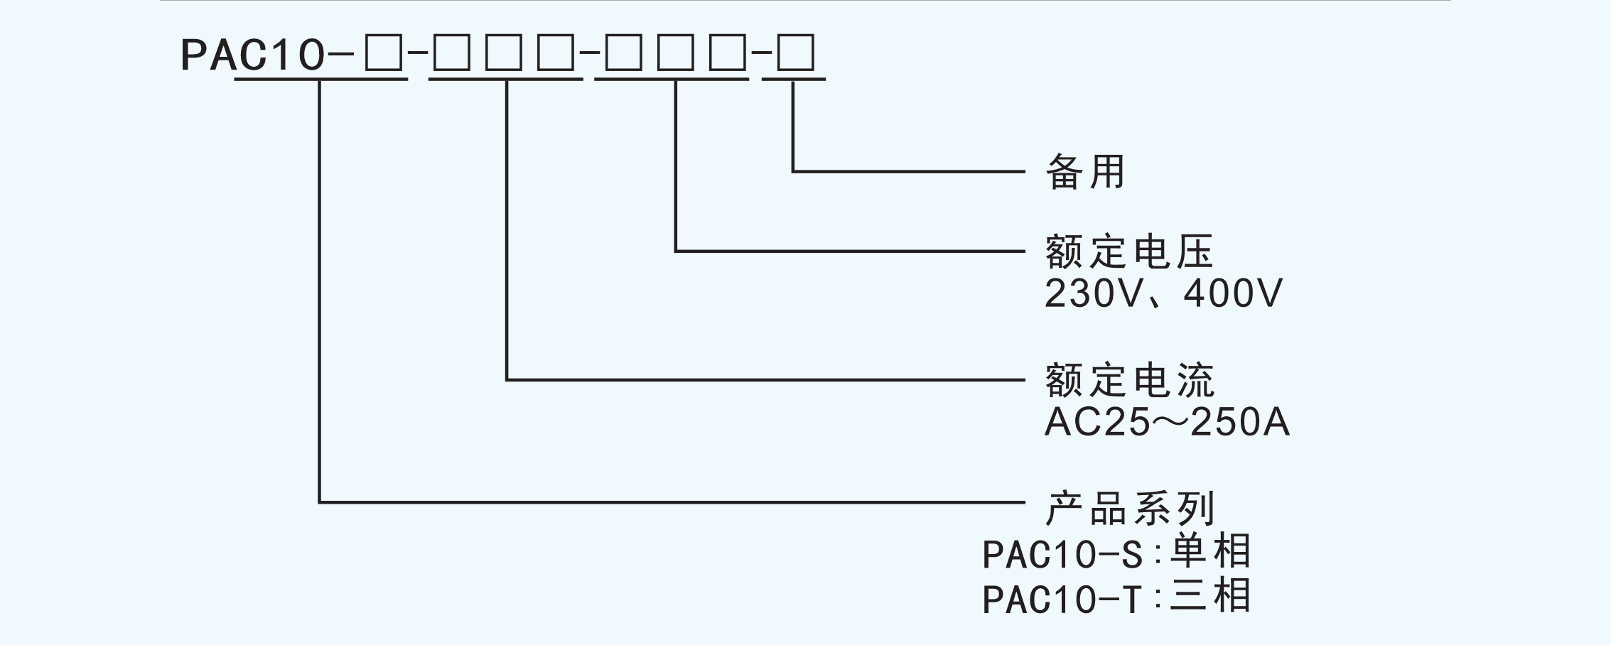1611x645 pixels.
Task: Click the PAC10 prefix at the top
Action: pyautogui.click(x=252, y=55)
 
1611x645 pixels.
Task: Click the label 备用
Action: pyautogui.click(x=1085, y=172)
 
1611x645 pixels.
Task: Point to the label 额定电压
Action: pyautogui.click(x=1129, y=251)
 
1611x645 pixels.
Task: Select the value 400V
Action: pyautogui.click(x=1233, y=293)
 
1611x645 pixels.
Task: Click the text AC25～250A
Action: pyautogui.click(x=1166, y=423)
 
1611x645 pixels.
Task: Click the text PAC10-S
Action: pyautogui.click(x=1062, y=555)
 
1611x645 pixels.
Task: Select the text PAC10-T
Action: pyautogui.click(x=1062, y=599)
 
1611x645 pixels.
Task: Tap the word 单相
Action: pyautogui.click(x=1210, y=551)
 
